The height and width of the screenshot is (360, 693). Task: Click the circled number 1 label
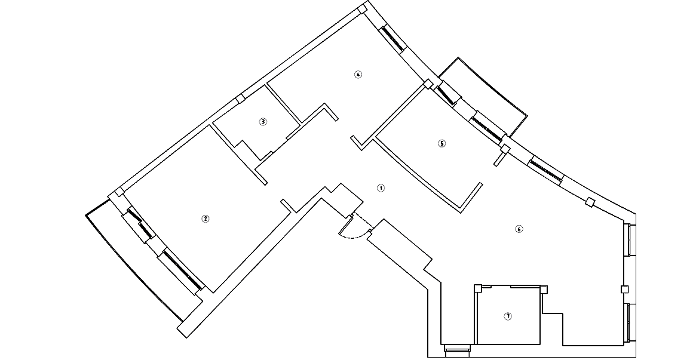click(x=381, y=188)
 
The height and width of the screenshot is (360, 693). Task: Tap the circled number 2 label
click(x=206, y=219)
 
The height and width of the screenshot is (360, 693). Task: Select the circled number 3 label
click(x=263, y=122)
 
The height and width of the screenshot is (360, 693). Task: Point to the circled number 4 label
click(x=358, y=75)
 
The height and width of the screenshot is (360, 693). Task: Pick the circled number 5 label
click(x=442, y=143)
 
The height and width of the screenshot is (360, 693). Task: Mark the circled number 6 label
click(x=519, y=229)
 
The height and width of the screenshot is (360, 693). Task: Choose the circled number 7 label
click(x=508, y=316)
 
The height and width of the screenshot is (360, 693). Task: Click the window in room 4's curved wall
click(x=394, y=38)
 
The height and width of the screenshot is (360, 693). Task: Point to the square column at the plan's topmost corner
click(x=362, y=9)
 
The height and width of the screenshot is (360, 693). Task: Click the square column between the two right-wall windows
click(x=625, y=290)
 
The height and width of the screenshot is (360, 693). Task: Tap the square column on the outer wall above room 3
click(x=240, y=99)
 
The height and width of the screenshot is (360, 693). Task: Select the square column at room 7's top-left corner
click(x=478, y=289)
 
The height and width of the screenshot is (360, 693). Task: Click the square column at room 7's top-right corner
click(x=544, y=290)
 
